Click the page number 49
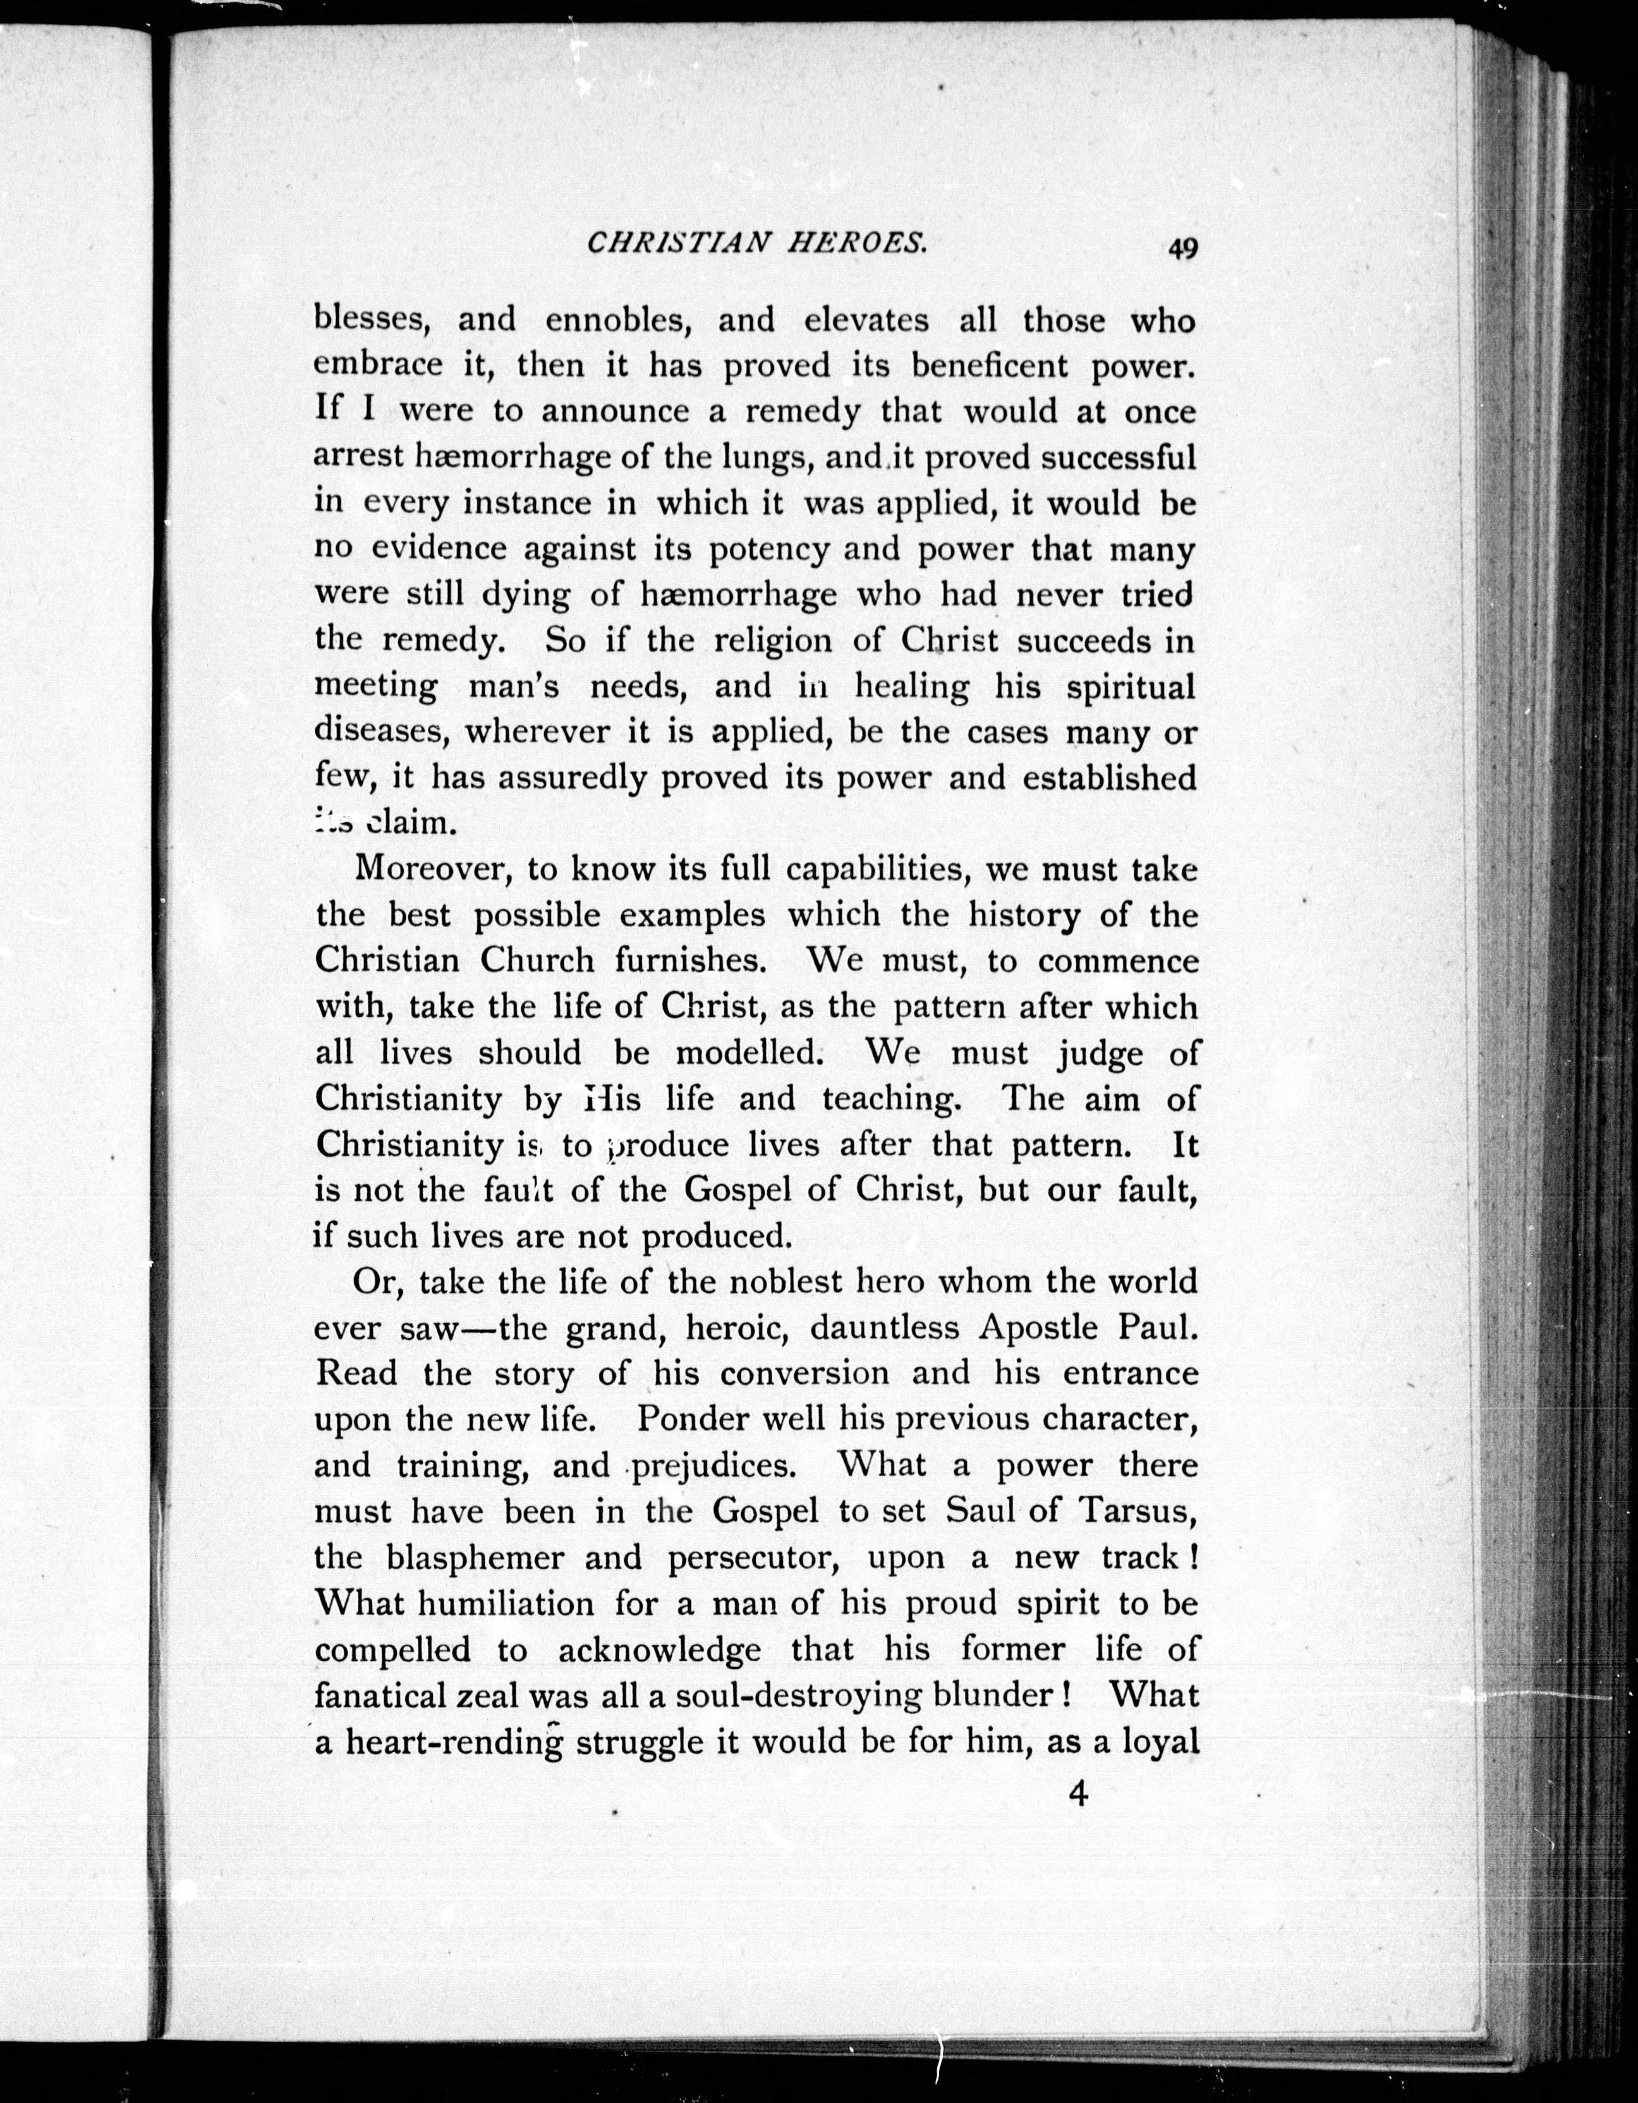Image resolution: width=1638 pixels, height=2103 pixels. [1182, 248]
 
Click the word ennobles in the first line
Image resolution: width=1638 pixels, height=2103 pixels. [618, 320]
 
